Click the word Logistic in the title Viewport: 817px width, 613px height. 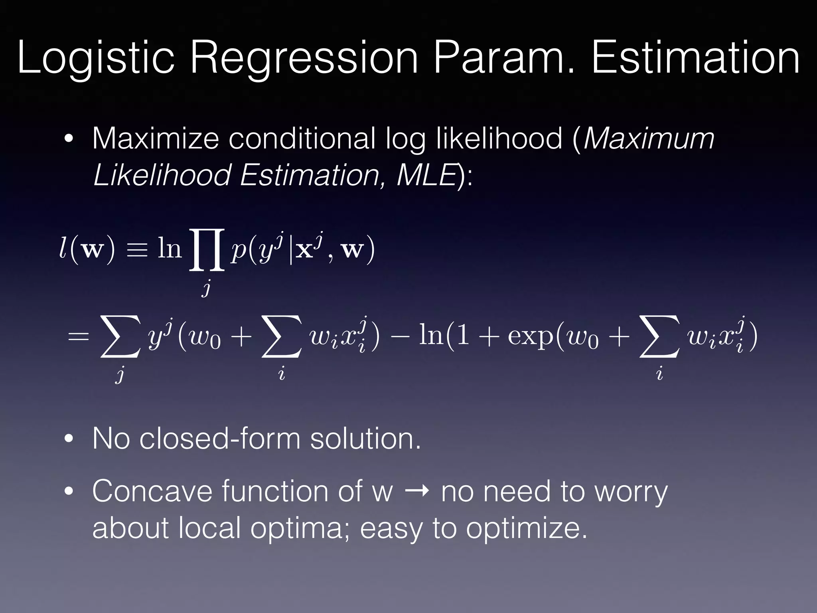pyautogui.click(x=96, y=59)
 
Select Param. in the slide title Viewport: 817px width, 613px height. pyautogui.click(x=504, y=59)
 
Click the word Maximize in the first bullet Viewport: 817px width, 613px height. pyautogui.click(x=156, y=138)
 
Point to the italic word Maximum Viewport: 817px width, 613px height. pyautogui.click(x=649, y=138)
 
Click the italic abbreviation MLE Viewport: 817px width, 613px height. pyautogui.click(x=426, y=175)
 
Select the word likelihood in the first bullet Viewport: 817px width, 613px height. pyautogui.click(x=499, y=138)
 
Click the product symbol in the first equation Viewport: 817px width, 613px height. pyautogui.click(x=207, y=249)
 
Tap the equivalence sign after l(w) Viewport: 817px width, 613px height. pyautogui.click(x=136, y=251)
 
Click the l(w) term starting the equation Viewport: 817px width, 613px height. pyautogui.click(x=87, y=249)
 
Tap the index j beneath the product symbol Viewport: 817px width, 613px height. pyautogui.click(x=206, y=287)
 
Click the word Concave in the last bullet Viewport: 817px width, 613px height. pyautogui.click(x=152, y=491)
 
